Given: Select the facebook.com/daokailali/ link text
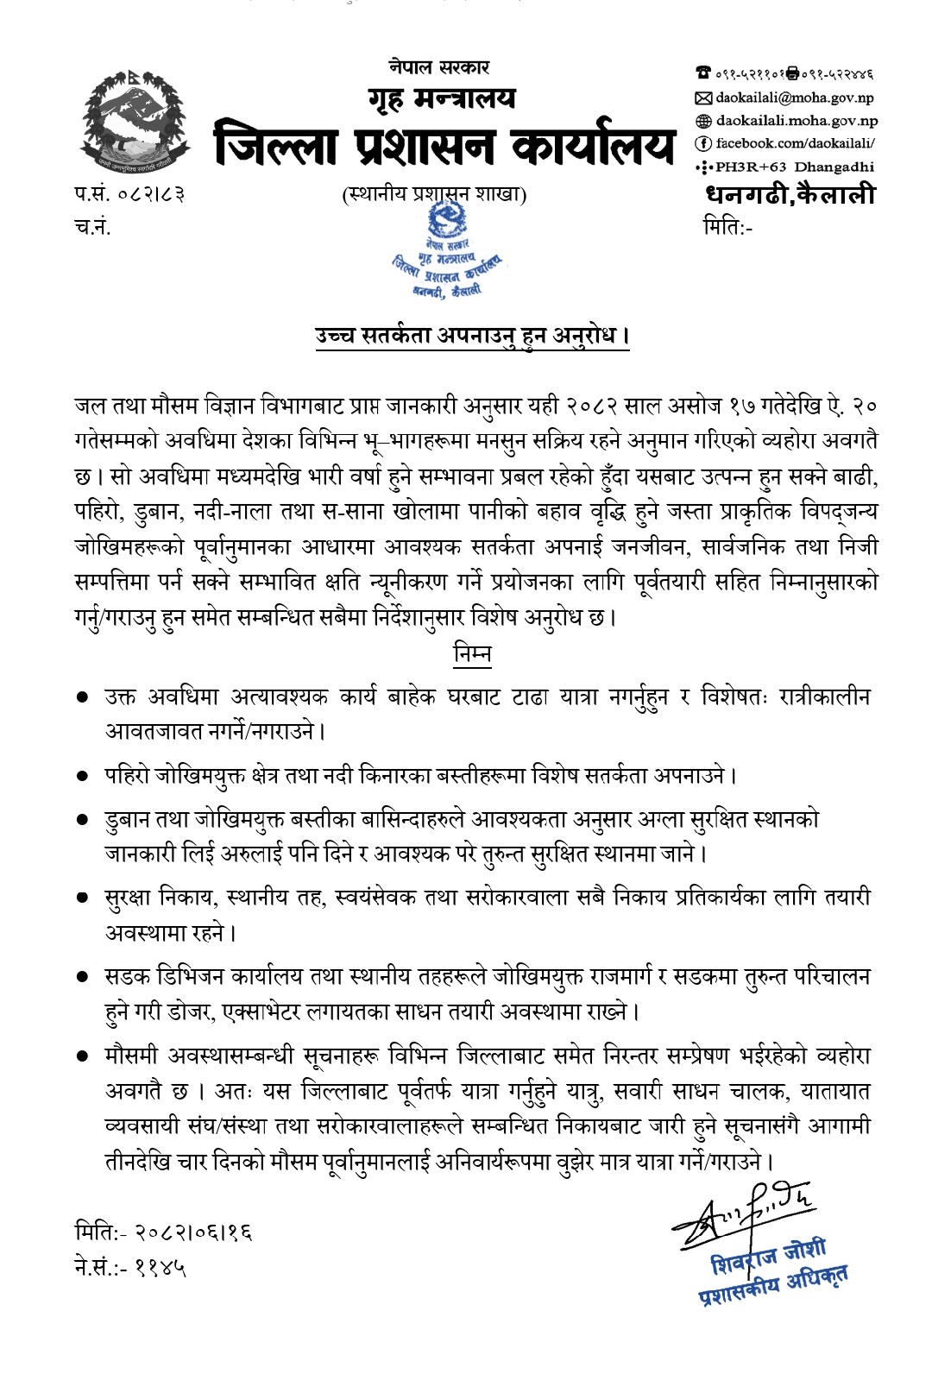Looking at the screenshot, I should click(797, 144).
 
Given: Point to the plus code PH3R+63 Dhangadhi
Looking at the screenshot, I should click(797, 167).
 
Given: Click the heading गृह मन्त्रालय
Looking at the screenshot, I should click(439, 99).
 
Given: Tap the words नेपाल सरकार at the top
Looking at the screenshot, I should click(438, 66).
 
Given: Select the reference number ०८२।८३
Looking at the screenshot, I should click(153, 194).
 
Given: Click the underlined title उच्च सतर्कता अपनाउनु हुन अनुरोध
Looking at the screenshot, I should click(471, 336).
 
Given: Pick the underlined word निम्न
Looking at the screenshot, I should click(472, 654).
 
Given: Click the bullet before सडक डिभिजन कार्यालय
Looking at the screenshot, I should click(83, 977).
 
